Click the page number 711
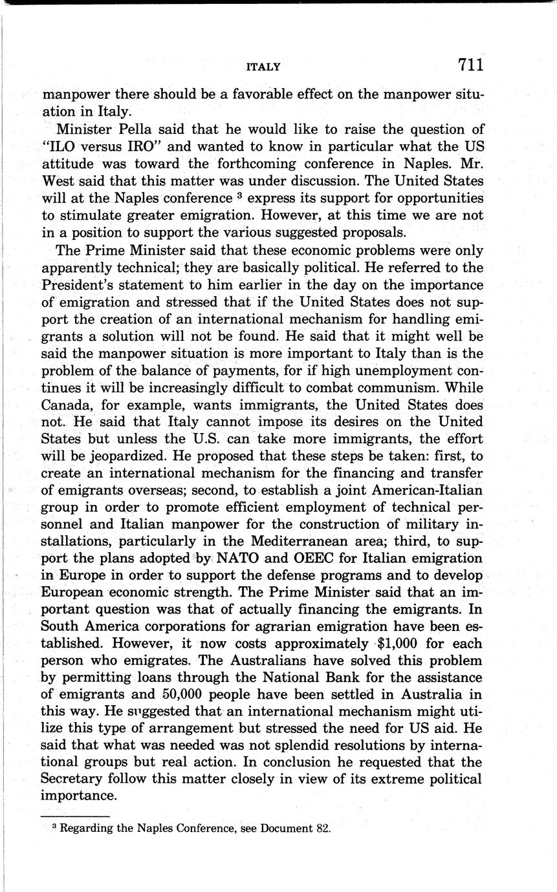point(471,65)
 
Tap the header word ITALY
point(263,67)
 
